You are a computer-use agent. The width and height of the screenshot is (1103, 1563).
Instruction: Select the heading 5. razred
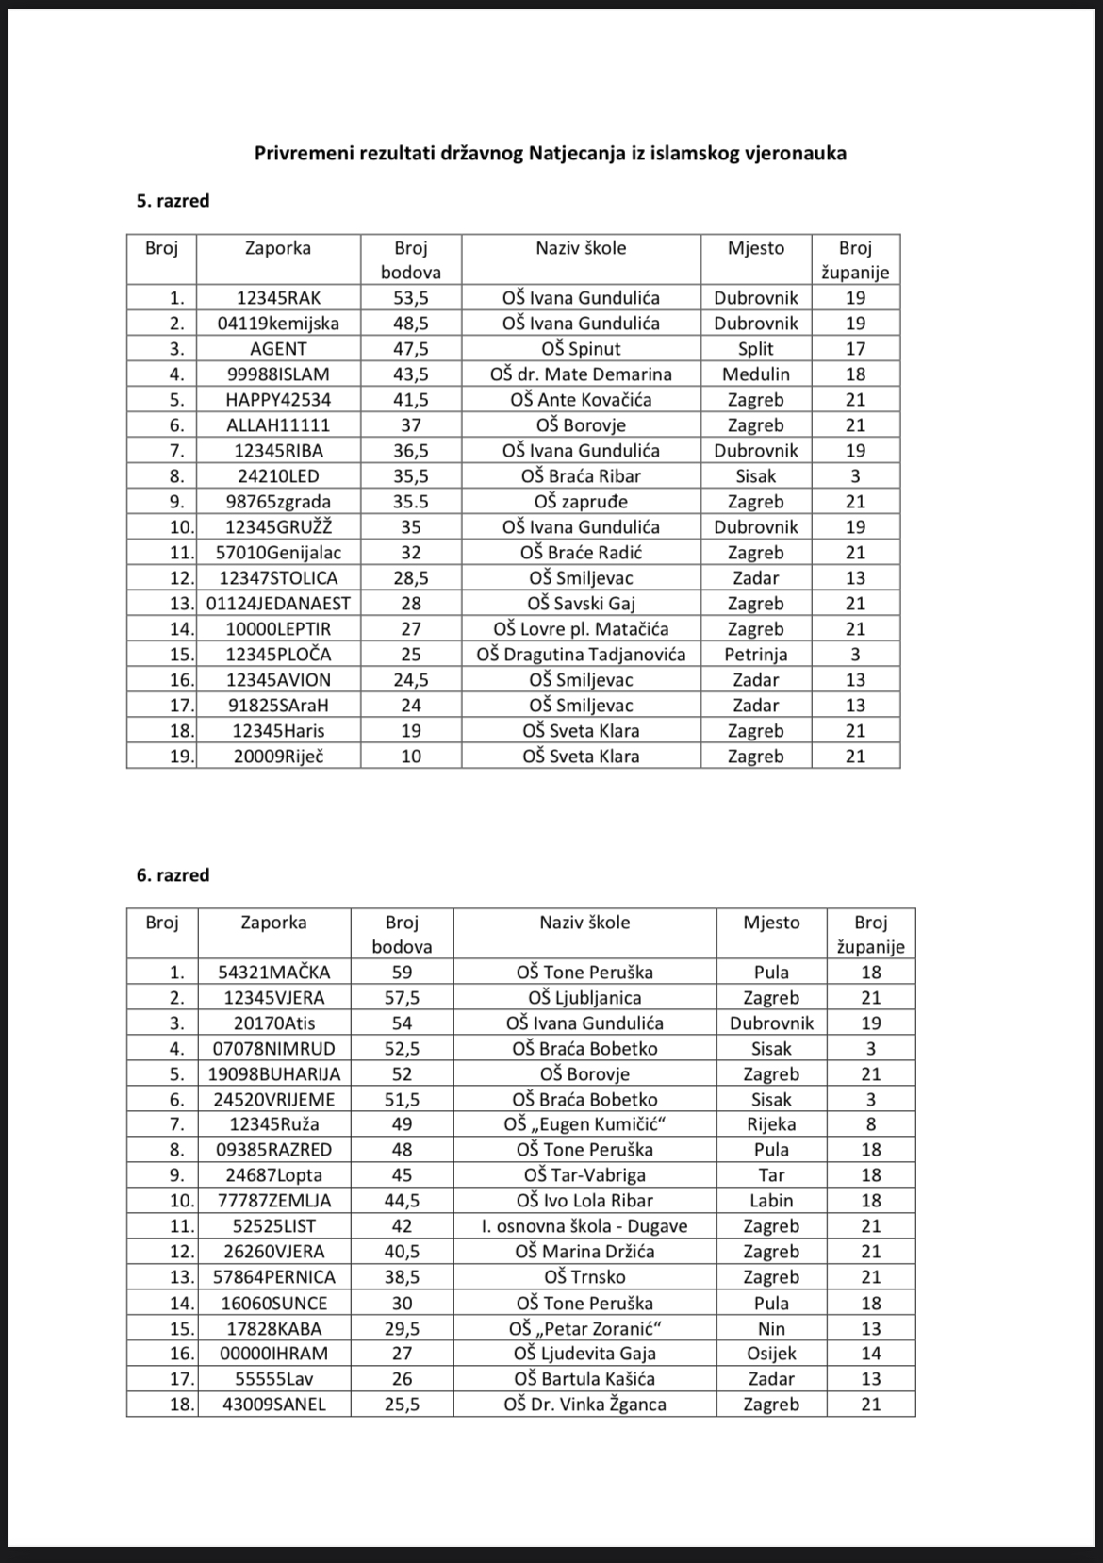(x=173, y=201)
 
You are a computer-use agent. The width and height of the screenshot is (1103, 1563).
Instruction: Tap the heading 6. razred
(x=173, y=875)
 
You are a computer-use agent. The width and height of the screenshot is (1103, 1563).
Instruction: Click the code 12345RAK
(x=278, y=298)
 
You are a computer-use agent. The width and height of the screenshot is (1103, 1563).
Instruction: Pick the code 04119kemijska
(x=278, y=324)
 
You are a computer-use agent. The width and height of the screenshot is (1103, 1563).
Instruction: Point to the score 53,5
(x=411, y=298)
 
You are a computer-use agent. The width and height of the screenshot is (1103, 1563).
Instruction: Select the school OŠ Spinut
(x=581, y=349)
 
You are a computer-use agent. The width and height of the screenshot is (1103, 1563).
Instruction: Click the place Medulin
(x=756, y=374)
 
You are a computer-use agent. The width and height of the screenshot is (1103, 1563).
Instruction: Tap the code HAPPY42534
(x=278, y=400)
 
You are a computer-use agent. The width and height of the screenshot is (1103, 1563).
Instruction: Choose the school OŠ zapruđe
(x=581, y=502)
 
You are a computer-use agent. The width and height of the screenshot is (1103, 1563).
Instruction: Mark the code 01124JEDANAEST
(x=278, y=604)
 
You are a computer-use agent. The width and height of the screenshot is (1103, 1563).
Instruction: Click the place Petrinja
(x=756, y=655)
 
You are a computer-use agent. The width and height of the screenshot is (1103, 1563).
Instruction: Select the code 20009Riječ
(x=278, y=757)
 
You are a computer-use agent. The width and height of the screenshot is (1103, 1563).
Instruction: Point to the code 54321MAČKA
(x=274, y=973)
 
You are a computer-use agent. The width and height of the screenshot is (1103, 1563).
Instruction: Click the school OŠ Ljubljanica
(x=584, y=998)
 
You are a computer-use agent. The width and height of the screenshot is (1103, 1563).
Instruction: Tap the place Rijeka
(x=771, y=1124)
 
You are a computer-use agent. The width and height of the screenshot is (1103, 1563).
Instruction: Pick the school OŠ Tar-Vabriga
(x=584, y=1175)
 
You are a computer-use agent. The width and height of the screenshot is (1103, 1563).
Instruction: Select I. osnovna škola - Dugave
(x=584, y=1226)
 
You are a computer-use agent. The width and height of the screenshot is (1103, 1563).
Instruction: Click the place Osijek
(x=771, y=1354)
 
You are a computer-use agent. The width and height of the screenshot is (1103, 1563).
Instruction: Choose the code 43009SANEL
(x=274, y=1405)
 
